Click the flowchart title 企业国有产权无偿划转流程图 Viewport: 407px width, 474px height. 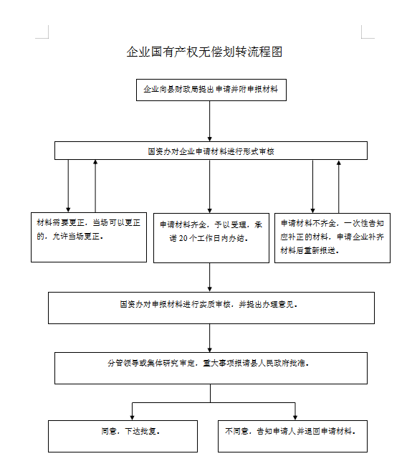(204, 52)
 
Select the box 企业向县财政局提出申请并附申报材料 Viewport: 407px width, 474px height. (211, 90)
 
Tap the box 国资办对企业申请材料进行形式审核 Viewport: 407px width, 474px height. (211, 151)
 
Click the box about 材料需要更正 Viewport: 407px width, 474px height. (89, 237)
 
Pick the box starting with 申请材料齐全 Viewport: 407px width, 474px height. (211, 238)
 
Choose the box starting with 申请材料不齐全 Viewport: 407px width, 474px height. (332, 238)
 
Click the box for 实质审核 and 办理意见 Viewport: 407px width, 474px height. (211, 308)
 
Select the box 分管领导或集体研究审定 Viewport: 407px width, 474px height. (211, 368)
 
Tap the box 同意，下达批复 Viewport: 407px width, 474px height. (123, 436)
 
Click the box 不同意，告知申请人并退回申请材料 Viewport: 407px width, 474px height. (292, 436)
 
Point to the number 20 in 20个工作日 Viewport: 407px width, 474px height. (183, 239)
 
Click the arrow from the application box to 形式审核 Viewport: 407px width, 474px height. (210, 121)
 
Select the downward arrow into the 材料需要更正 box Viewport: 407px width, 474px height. (68, 186)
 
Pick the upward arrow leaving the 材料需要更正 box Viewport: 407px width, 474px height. (95, 186)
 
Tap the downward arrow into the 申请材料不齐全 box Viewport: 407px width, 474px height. (312, 186)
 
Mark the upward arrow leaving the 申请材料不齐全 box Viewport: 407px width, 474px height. (339, 186)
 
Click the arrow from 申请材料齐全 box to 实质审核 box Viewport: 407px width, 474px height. (210, 278)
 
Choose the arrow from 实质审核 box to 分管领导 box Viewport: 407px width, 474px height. (210, 338)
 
